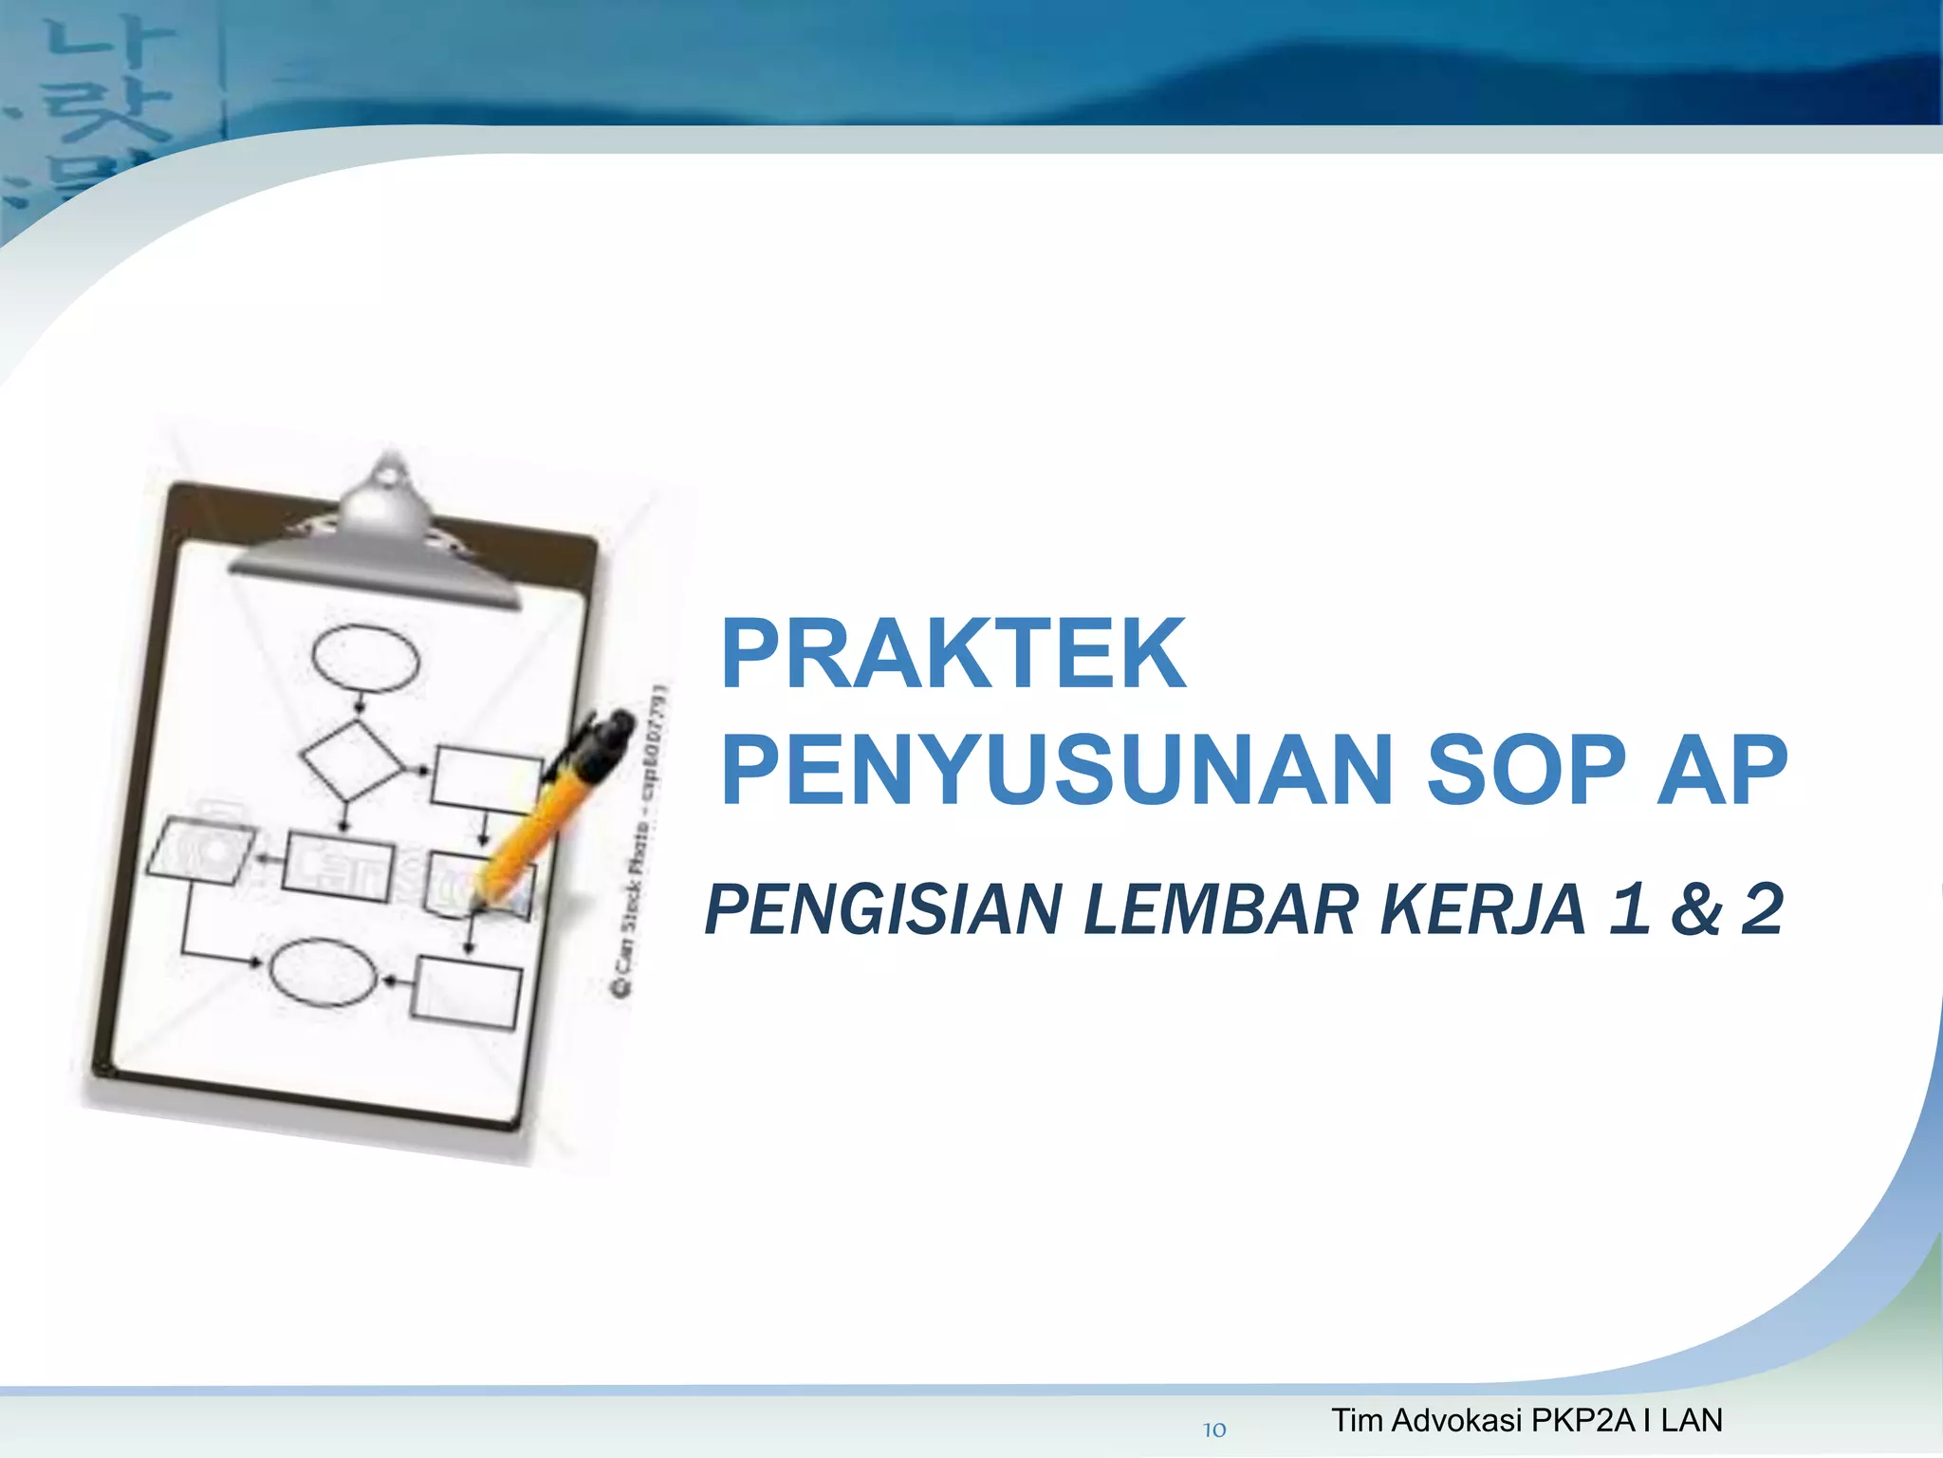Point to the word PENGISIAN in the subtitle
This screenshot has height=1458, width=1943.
[882, 909]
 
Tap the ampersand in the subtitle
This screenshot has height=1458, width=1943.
[1696, 909]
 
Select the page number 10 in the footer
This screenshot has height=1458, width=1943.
[1214, 1430]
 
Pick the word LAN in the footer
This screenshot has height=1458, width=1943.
[1691, 1420]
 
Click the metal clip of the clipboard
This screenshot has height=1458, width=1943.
[379, 541]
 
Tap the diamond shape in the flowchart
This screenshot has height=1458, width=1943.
[351, 759]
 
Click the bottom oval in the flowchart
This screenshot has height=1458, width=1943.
[324, 972]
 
